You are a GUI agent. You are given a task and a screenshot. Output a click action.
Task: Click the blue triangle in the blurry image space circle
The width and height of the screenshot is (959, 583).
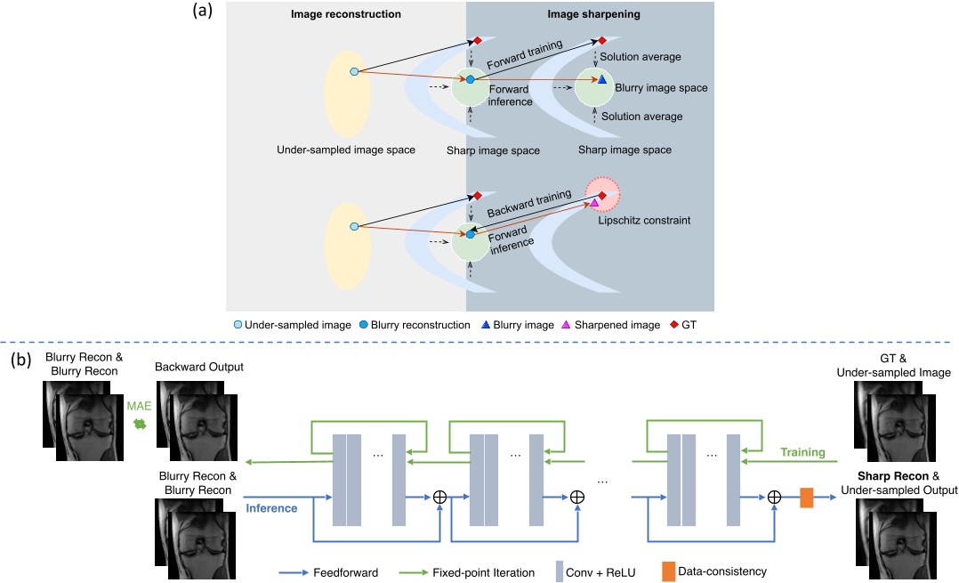(x=601, y=80)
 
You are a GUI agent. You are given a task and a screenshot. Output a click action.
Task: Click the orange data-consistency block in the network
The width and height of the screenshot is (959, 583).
(x=806, y=497)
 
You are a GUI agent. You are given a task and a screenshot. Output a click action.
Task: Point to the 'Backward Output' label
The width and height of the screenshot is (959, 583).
(x=198, y=367)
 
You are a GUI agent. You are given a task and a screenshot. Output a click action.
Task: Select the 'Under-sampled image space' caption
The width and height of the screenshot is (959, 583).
(x=346, y=150)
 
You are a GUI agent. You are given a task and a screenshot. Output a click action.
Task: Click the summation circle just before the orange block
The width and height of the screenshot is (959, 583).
(x=774, y=497)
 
